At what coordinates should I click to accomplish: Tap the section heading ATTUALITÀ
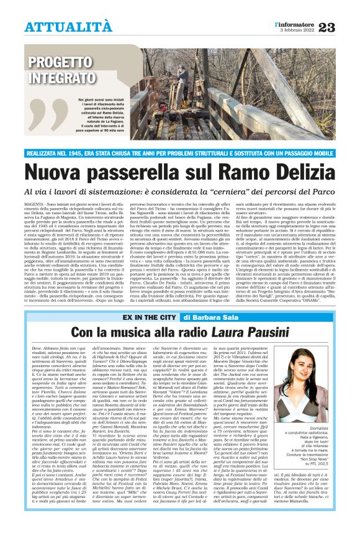pyautogui.click(x=68, y=27)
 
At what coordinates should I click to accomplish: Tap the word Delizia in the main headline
pyautogui.click(x=297, y=169)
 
